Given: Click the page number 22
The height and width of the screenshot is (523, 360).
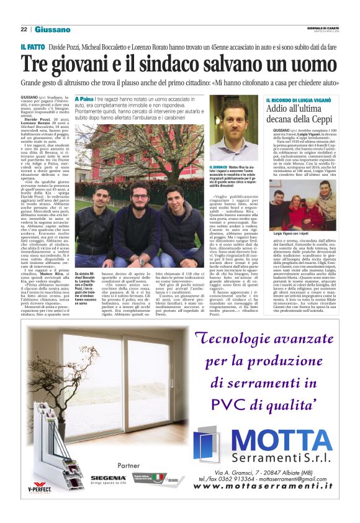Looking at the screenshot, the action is coord(24,29).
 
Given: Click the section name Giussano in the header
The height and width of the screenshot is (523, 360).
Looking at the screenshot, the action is coord(52,29).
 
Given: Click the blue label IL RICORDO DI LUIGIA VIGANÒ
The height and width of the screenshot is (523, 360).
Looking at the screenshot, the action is coord(299,101).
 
